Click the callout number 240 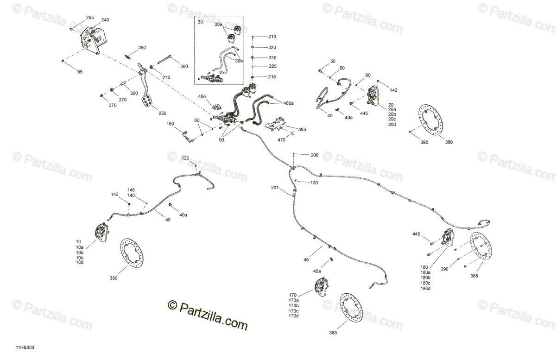coord(105,20)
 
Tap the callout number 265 coord(90,18)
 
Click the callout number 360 coord(184,66)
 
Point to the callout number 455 coord(202,96)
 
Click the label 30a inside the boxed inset coord(218,25)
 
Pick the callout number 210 coord(272,37)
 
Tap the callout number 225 coord(272,66)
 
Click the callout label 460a coord(289,103)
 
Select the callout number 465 coord(302,129)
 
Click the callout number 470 coord(281,139)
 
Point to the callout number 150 coord(171,124)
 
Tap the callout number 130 coord(314,183)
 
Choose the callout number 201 coord(275,188)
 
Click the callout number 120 coord(185,158)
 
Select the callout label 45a coord(317,271)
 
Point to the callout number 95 coord(80,72)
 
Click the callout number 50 coord(333,62)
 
